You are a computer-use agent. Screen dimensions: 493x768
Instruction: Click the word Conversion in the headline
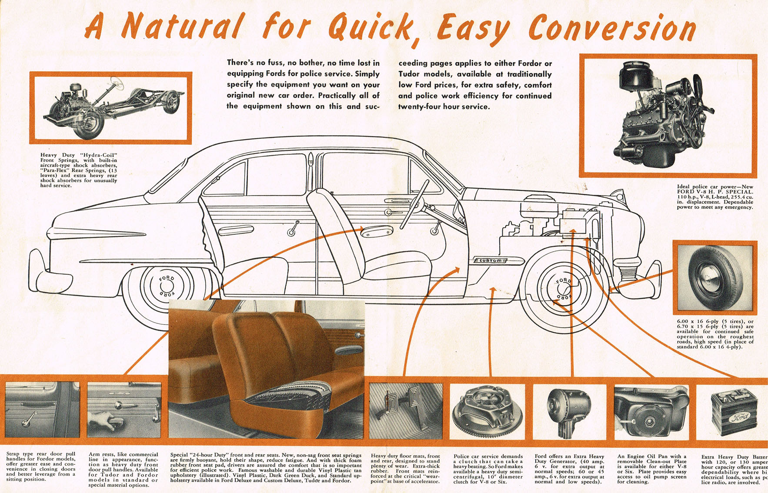pyautogui.click(x=612, y=29)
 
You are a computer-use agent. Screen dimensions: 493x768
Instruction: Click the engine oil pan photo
pyautogui.click(x=651, y=411)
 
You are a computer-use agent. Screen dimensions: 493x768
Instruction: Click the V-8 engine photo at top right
pyautogui.click(x=668, y=115)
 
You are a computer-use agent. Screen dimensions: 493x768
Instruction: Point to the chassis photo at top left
pyautogui.click(x=111, y=107)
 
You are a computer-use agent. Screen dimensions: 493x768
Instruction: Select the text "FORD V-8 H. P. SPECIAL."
pyautogui.click(x=715, y=192)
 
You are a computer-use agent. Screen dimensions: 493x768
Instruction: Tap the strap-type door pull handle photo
pyautogui.click(x=42, y=410)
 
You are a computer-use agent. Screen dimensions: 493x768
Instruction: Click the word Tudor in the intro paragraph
pyautogui.click(x=409, y=74)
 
